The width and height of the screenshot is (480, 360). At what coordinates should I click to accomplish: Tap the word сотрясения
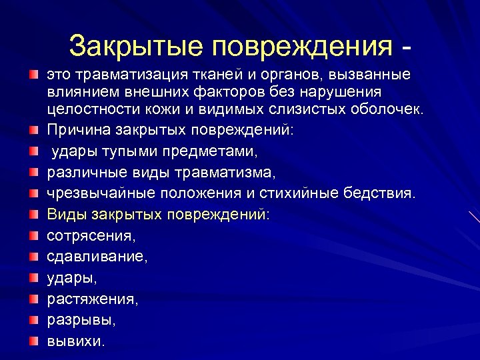point(91,237)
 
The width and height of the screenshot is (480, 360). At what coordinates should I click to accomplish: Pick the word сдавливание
point(97,257)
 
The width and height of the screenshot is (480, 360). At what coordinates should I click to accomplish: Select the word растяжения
point(93,300)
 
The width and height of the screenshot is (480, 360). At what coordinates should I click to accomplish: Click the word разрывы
point(81,320)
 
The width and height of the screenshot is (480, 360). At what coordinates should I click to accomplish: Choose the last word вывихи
point(75,341)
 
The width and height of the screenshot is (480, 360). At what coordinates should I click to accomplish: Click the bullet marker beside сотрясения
point(33,236)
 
